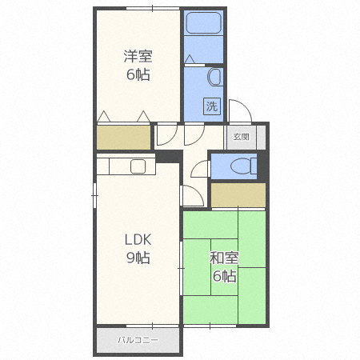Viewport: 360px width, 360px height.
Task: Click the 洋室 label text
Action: click(x=138, y=56)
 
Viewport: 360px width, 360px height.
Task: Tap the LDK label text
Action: click(x=138, y=239)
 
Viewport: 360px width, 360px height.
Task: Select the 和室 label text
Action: click(x=224, y=258)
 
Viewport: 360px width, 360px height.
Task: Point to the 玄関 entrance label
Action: click(x=241, y=137)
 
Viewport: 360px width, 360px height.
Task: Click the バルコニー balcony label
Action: click(x=138, y=340)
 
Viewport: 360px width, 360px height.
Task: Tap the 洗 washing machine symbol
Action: click(x=212, y=106)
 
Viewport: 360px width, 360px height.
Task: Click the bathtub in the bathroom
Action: click(x=204, y=23)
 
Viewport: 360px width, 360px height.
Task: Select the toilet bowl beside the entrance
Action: click(x=243, y=166)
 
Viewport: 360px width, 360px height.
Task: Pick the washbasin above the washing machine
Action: click(x=215, y=77)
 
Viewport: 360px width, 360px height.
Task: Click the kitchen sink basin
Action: click(x=138, y=166)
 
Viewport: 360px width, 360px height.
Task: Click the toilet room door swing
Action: click(x=198, y=169)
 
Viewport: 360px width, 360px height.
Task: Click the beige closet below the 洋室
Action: click(x=123, y=138)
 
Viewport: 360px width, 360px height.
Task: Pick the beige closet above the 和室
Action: click(x=238, y=195)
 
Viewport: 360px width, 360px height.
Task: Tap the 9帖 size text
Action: click(x=138, y=258)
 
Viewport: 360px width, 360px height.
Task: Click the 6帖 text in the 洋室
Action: click(x=138, y=74)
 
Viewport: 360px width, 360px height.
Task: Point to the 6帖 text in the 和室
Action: click(x=224, y=276)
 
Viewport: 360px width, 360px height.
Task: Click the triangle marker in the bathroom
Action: click(x=190, y=59)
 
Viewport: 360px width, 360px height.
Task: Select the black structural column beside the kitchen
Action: click(x=169, y=157)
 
